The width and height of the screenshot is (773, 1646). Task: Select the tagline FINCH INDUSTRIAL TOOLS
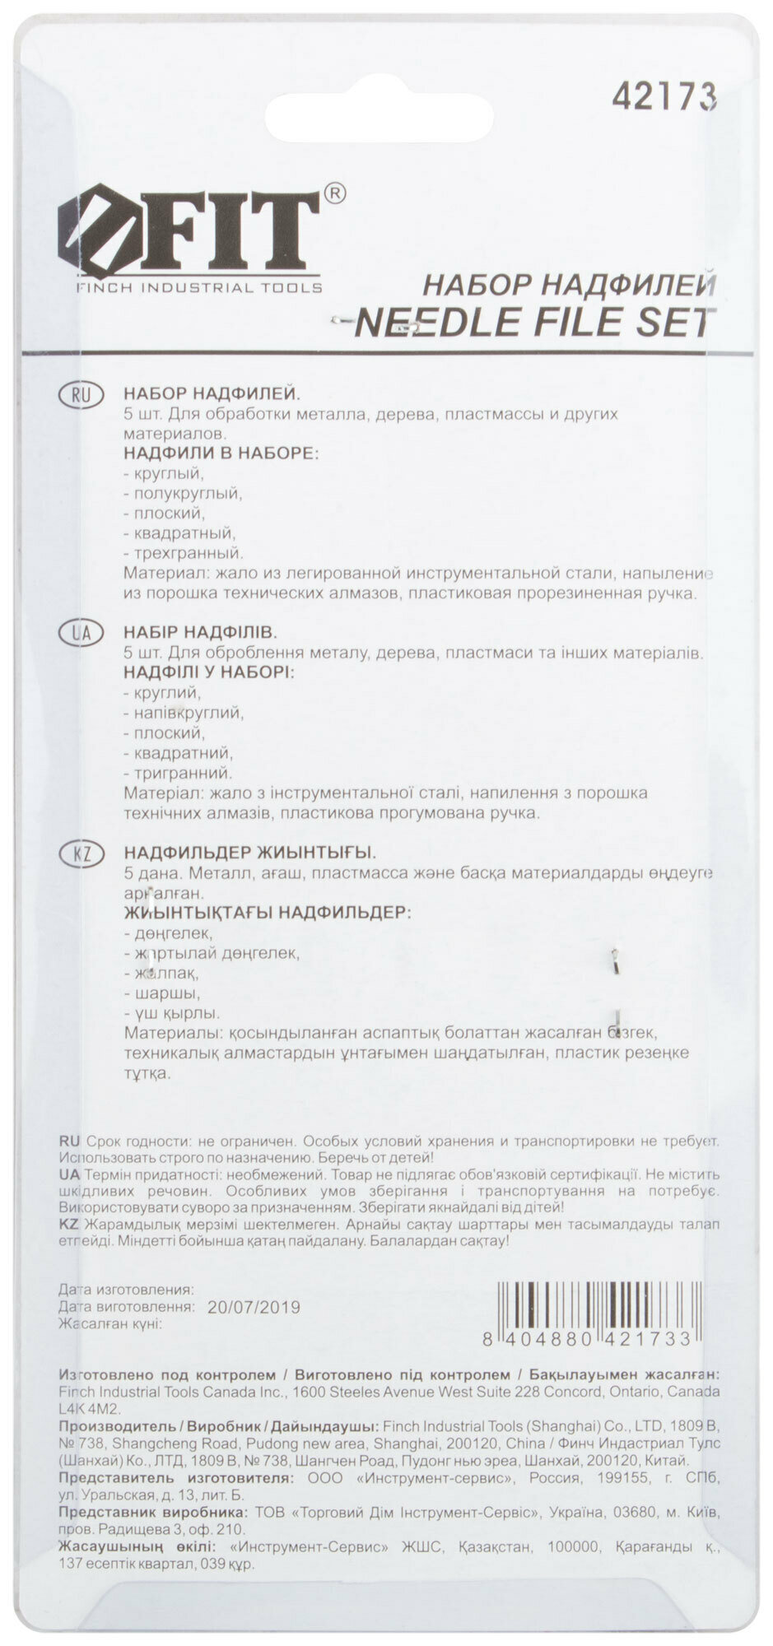(x=199, y=288)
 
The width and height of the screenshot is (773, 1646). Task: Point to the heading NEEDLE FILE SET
(x=533, y=323)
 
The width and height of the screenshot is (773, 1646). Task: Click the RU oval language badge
(x=81, y=394)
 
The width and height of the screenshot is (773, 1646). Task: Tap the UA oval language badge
(x=81, y=633)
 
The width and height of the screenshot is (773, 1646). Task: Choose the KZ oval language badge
(x=81, y=854)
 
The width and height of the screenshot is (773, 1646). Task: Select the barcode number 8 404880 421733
(x=588, y=1339)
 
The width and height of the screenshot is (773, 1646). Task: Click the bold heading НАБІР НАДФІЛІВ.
(x=200, y=633)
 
